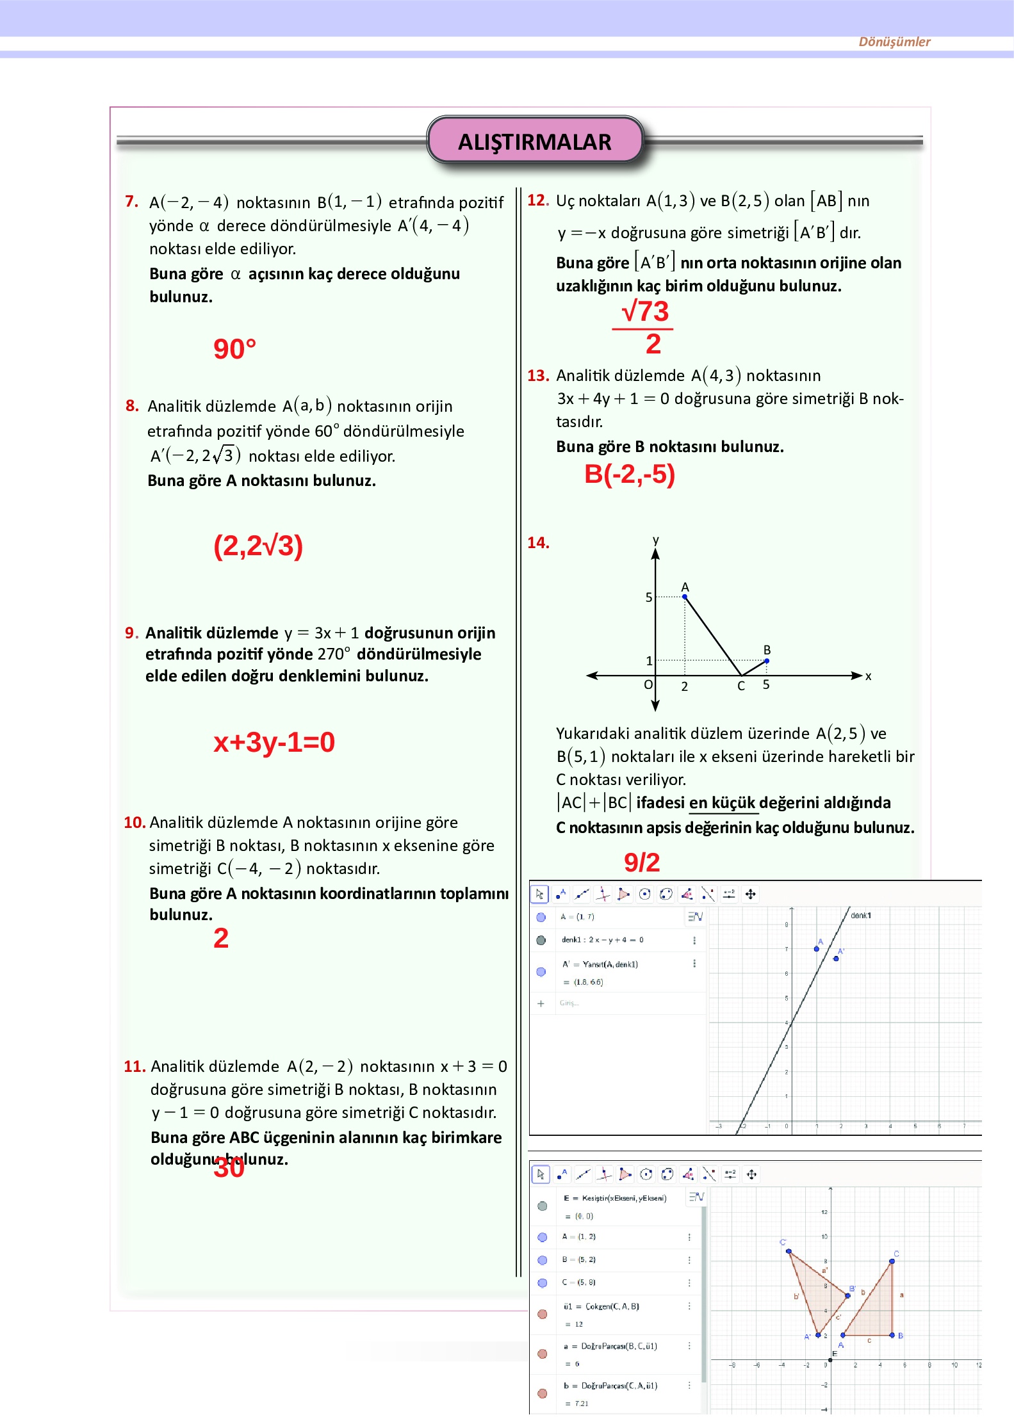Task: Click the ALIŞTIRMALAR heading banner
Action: click(x=534, y=141)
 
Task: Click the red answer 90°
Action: click(x=234, y=350)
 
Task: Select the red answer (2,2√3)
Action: click(x=258, y=546)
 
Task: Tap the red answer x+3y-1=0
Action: click(x=274, y=742)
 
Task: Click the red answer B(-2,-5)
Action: click(x=629, y=474)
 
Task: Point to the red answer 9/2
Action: click(x=641, y=862)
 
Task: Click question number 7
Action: click(x=131, y=202)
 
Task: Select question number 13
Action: click(x=537, y=376)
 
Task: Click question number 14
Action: click(x=537, y=543)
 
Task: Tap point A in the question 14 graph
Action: click(x=685, y=596)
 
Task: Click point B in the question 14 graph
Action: click(x=767, y=660)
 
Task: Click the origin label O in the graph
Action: click(x=648, y=685)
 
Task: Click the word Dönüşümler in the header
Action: click(x=894, y=42)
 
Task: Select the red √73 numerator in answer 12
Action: click(x=645, y=312)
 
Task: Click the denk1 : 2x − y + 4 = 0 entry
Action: click(x=602, y=940)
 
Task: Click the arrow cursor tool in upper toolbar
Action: click(x=539, y=894)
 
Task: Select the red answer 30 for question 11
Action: click(x=229, y=1168)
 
